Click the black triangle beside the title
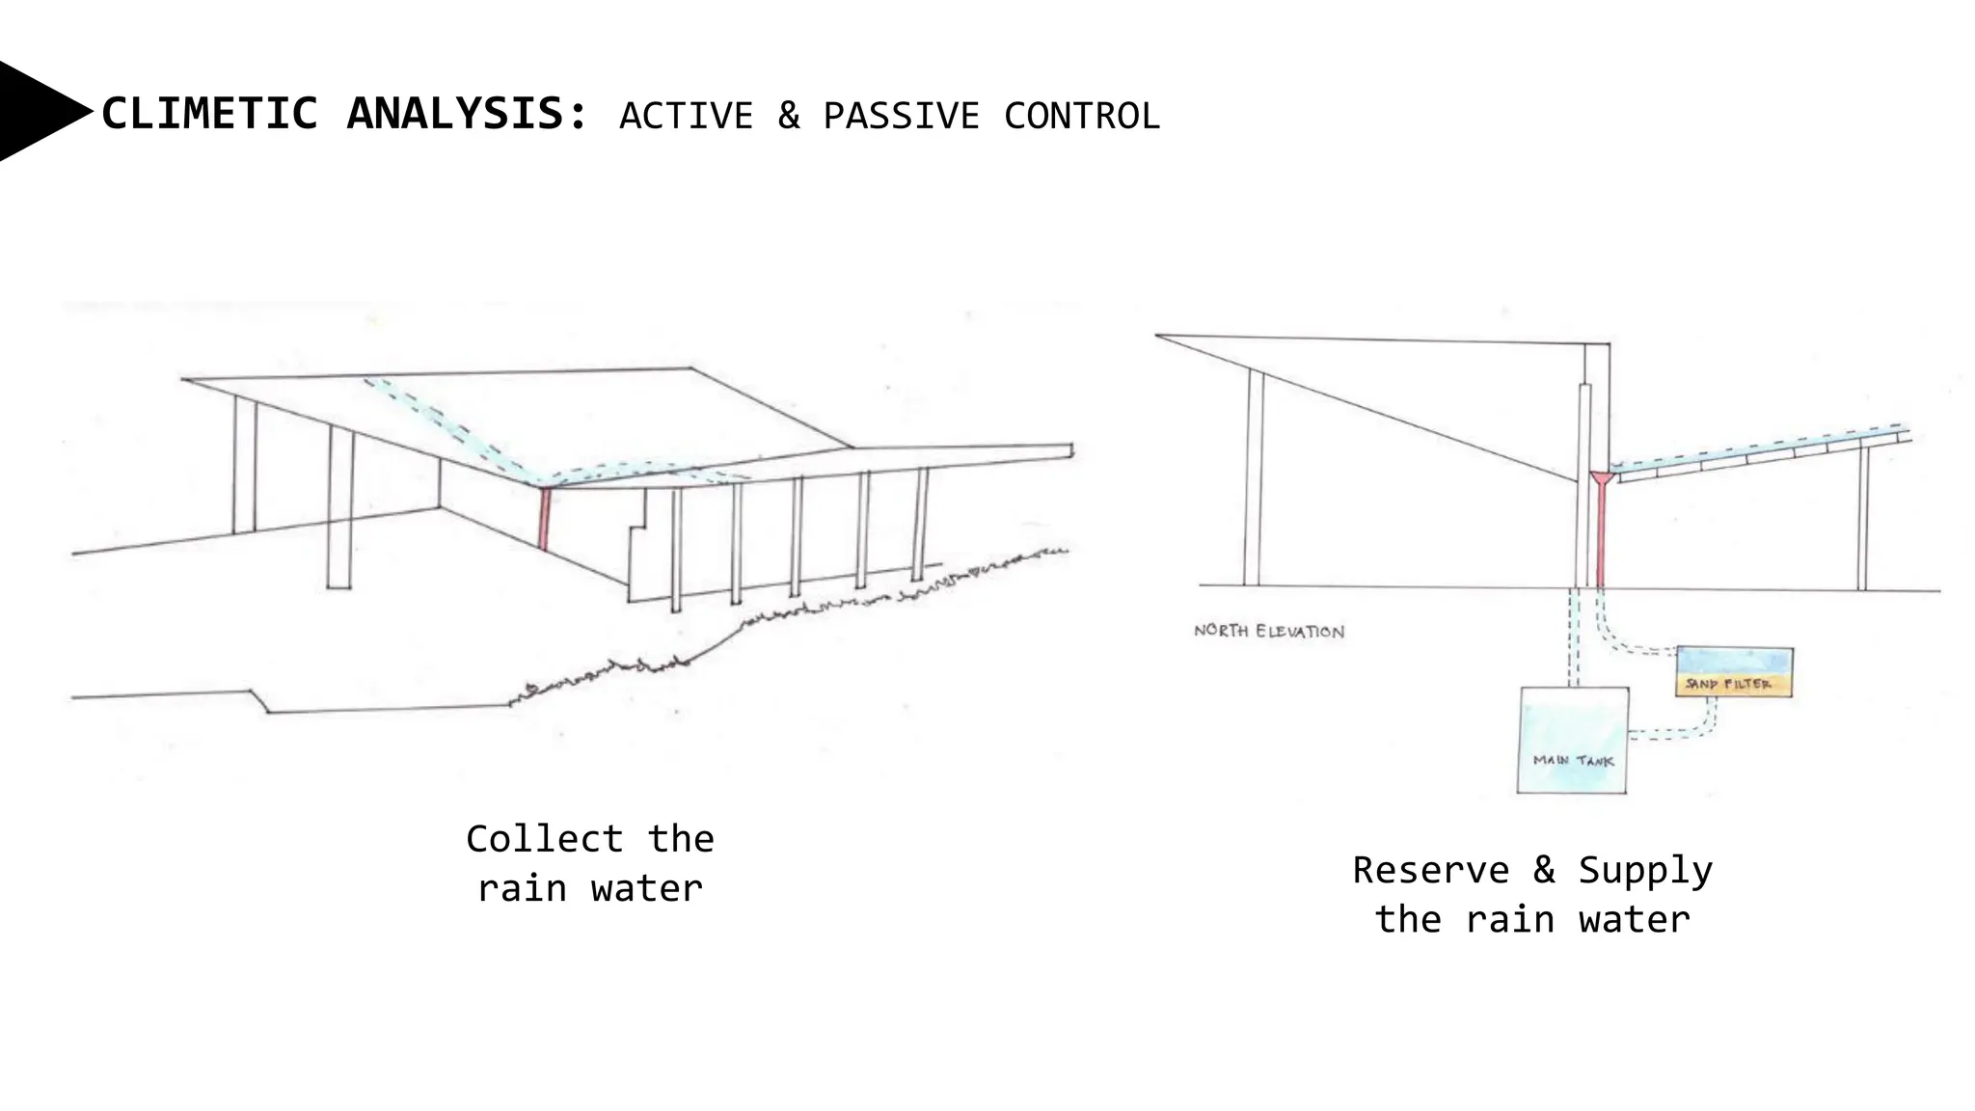coord(39,112)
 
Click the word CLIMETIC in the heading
coord(209,114)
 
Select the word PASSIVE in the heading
coord(901,116)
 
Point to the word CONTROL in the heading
coord(1081,116)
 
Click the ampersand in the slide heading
coord(789,116)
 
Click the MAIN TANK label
coord(1573,761)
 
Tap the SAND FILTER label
coord(1728,684)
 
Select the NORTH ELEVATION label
coord(1269,631)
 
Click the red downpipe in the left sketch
coord(545,519)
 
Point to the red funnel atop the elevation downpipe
coord(1602,477)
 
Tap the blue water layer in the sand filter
coord(1735,661)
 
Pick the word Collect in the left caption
coord(544,839)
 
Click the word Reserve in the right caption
coord(1430,870)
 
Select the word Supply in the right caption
coord(1645,872)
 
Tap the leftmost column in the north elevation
coord(1253,477)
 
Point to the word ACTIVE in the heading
coord(686,116)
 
